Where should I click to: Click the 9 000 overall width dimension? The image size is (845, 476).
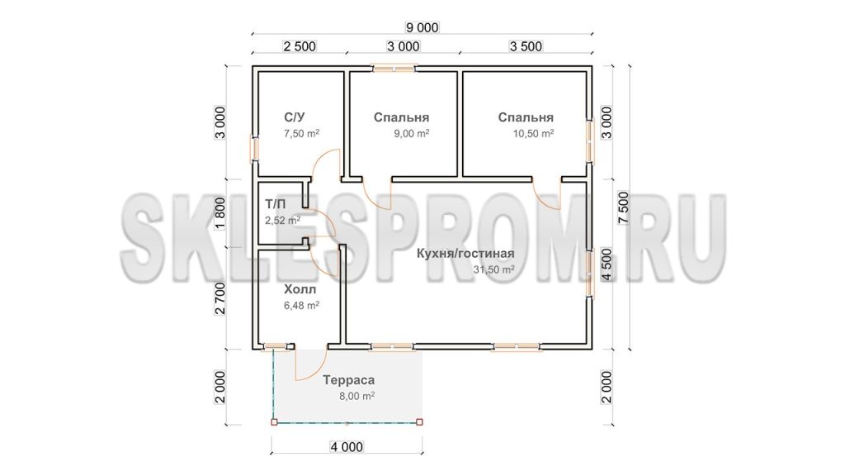(422, 27)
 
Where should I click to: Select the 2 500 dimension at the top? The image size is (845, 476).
(299, 46)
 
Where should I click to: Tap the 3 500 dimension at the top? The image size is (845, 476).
(526, 46)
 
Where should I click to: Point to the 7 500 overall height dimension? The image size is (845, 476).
(624, 207)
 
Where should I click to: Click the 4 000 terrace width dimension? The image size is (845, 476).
(346, 447)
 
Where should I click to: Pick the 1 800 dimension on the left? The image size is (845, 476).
(220, 214)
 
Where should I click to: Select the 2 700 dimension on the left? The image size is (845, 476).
(220, 298)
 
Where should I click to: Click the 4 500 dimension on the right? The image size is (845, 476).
(607, 264)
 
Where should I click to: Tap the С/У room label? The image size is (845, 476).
(295, 117)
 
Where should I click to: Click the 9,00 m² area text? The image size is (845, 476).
(411, 133)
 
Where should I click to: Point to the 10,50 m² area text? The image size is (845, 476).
(533, 133)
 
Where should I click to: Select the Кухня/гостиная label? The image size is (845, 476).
(465, 254)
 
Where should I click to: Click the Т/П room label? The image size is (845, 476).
(275, 204)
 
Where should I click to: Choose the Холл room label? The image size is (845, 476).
(300, 290)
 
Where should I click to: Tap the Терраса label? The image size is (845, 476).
(349, 380)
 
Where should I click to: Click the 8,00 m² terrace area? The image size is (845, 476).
(356, 396)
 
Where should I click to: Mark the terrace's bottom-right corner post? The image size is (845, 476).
(420, 422)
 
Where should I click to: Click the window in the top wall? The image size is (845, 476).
(394, 69)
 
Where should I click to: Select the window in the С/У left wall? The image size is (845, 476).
(254, 148)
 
